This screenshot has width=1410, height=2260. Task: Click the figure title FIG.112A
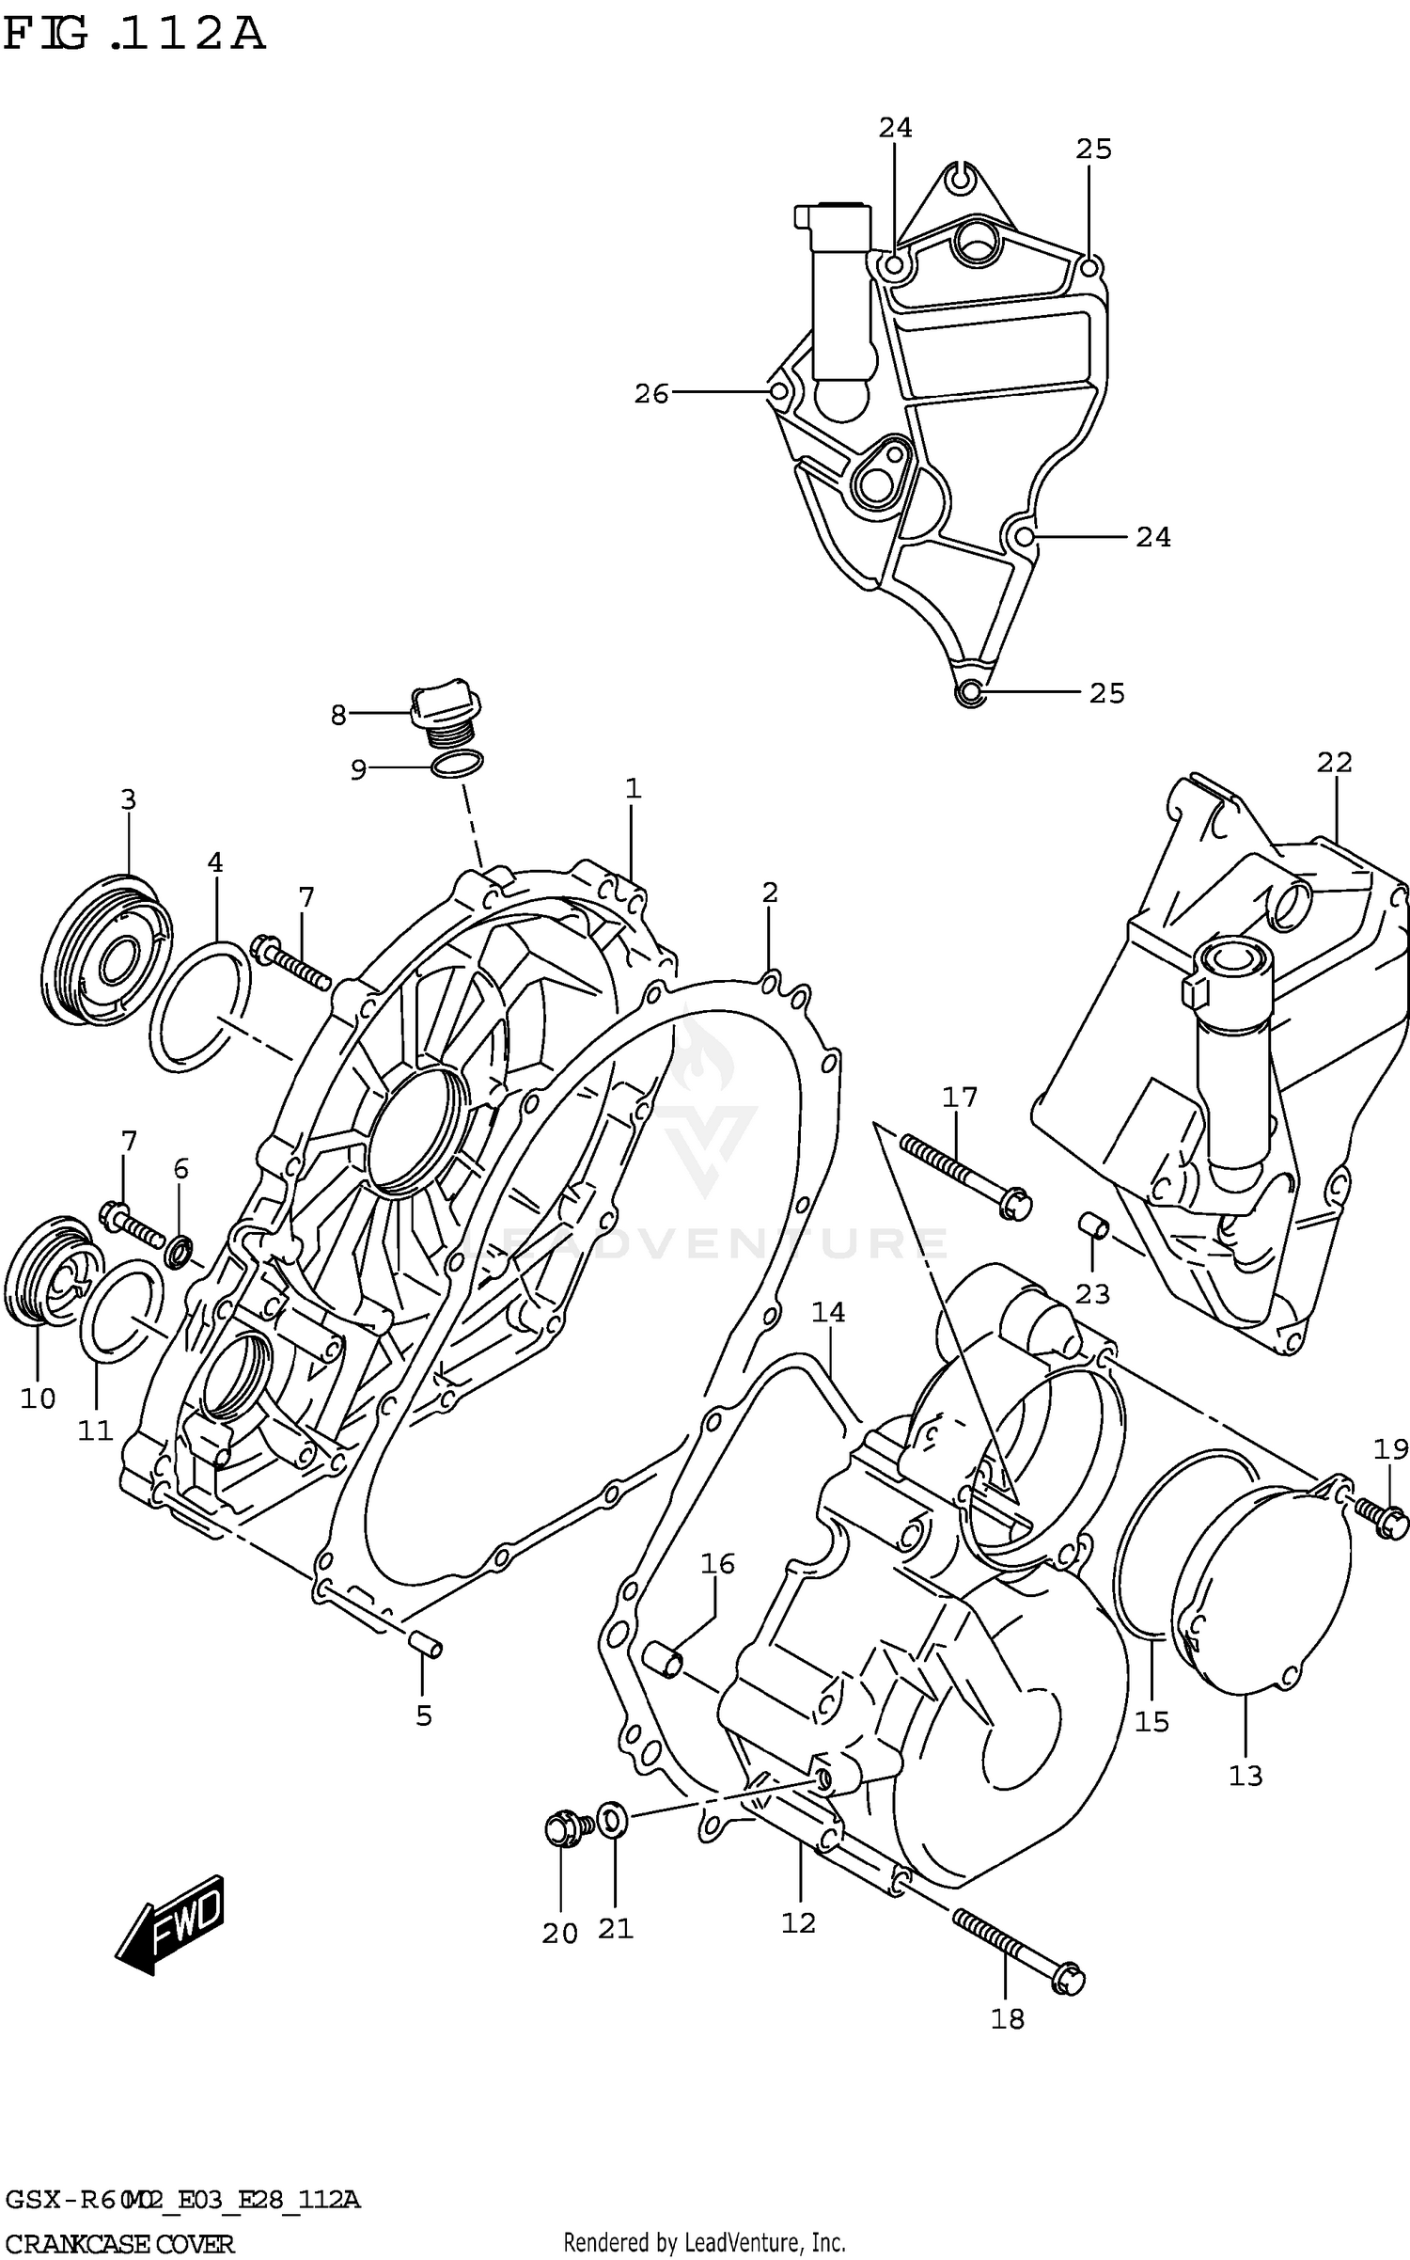click(134, 35)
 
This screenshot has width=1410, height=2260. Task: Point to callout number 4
click(215, 862)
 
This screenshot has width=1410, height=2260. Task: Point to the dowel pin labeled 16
click(663, 1660)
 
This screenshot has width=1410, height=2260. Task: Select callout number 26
click(650, 394)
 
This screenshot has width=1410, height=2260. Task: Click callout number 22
click(1333, 763)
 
